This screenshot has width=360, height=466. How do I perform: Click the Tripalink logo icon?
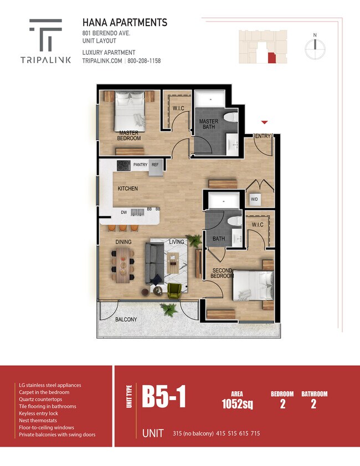(x=45, y=34)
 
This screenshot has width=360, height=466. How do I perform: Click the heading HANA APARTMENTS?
(x=125, y=23)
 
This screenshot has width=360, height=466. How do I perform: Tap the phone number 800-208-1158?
(x=145, y=61)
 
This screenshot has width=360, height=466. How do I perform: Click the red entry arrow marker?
(x=265, y=122)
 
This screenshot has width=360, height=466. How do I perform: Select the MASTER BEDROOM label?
(x=128, y=136)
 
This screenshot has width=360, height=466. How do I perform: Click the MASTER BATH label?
(x=209, y=125)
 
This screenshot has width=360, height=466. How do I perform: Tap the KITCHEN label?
(x=128, y=189)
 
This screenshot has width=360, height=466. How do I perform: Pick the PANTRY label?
(x=140, y=165)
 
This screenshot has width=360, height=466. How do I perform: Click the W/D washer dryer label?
(x=254, y=199)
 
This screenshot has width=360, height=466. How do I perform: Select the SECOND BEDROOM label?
(x=222, y=273)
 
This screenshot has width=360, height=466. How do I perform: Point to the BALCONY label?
(x=126, y=320)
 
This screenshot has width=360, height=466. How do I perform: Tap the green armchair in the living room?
(x=174, y=290)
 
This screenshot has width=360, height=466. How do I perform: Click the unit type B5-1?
(x=163, y=397)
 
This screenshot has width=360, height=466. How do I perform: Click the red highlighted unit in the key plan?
(x=271, y=58)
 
